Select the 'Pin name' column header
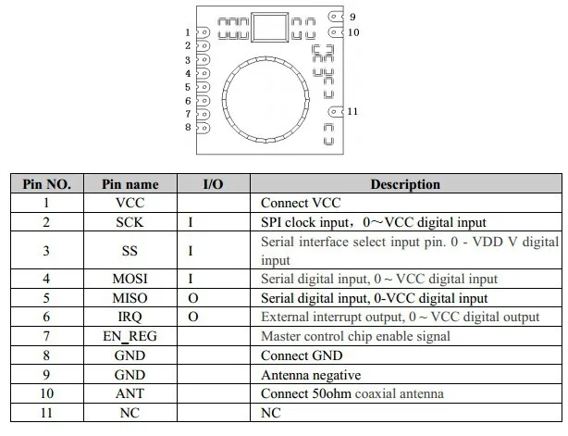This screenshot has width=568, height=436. tap(130, 184)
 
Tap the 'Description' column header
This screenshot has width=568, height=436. tap(405, 184)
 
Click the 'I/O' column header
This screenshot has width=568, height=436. tap(213, 184)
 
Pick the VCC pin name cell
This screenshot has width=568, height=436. tap(130, 203)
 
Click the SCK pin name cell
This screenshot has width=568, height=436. tap(130, 222)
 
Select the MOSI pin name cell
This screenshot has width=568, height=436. tap(130, 279)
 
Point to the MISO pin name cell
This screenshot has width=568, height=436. tap(130, 298)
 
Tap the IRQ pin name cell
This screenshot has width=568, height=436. tap(130, 317)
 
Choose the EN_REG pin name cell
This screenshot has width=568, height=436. tap(130, 336)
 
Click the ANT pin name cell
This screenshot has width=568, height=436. tap(130, 393)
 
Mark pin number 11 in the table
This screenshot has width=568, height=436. tap(46, 413)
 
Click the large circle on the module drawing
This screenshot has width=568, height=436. tap(265, 97)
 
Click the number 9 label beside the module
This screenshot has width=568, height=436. tap(352, 16)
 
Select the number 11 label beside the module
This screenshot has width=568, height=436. tap(352, 112)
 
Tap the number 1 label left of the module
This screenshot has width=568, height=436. tap(188, 32)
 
